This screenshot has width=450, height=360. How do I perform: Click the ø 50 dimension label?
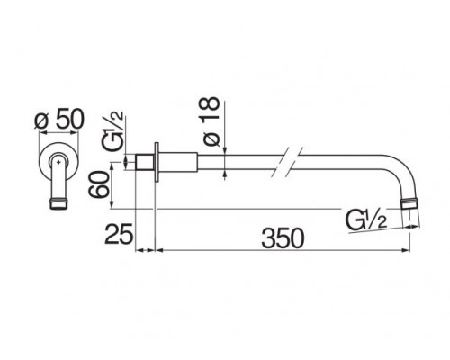pyautogui.click(x=59, y=120)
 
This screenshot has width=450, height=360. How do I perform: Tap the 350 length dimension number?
pyautogui.click(x=283, y=238)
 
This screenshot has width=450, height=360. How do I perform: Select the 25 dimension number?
pyautogui.click(x=119, y=233)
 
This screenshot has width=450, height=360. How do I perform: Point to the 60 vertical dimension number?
pyautogui.click(x=98, y=184)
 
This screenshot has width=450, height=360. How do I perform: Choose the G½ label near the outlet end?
pyautogui.click(x=366, y=220)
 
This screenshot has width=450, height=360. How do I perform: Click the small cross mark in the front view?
pyautogui.click(x=59, y=162)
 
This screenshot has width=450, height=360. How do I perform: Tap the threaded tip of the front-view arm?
pyautogui.click(x=58, y=203)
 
